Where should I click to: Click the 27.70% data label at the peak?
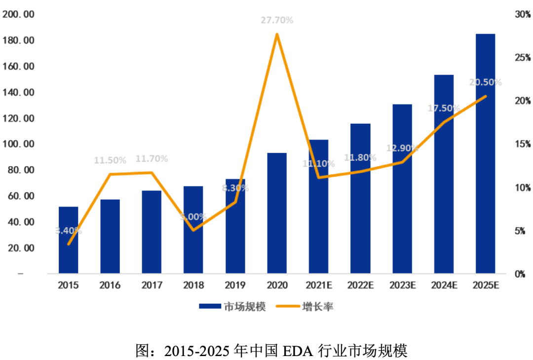(277, 21)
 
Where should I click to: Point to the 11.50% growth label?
(110, 160)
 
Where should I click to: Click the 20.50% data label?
(485, 82)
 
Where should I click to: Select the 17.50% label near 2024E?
(444, 108)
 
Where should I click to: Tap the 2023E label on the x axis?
(402, 286)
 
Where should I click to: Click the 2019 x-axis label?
(235, 286)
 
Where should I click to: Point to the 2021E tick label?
(319, 286)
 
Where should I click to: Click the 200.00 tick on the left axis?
(18, 15)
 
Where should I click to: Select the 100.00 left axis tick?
(18, 144)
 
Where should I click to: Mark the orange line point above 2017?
(152, 173)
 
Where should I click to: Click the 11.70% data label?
(152, 159)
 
